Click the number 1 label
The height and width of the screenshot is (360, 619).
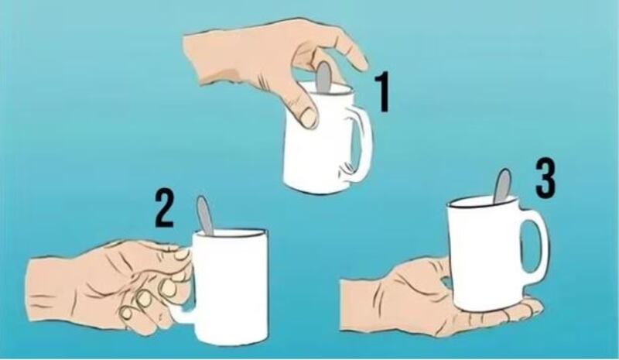(381, 91)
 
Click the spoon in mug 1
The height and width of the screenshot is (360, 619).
(323, 77)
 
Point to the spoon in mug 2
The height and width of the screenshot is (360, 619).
(204, 215)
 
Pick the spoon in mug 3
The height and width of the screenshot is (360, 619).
(502, 186)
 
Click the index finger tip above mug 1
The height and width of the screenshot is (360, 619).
(360, 63)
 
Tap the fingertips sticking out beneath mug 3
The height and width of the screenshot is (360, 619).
(525, 310)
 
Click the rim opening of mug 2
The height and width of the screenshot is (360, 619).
(230, 233)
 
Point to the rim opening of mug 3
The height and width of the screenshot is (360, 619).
(482, 202)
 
